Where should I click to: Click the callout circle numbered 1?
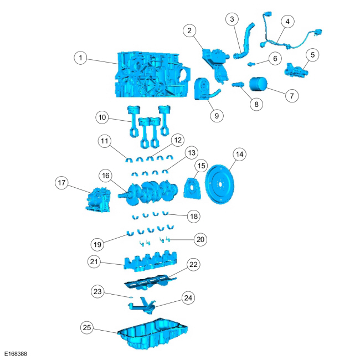click(x=80, y=58)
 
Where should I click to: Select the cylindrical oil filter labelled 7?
click(x=258, y=84)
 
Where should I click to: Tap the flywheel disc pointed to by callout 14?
click(x=219, y=184)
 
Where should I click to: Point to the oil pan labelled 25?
click(x=153, y=334)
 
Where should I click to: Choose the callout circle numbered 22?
click(x=193, y=265)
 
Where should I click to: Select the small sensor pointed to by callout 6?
click(x=251, y=64)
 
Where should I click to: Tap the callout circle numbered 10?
click(x=102, y=117)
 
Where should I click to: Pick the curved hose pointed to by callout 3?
click(x=244, y=42)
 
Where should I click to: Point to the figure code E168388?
click(x=16, y=353)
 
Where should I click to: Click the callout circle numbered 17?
click(x=61, y=183)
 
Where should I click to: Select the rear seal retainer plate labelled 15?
click(x=192, y=188)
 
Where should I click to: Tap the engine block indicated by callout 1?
click(x=153, y=75)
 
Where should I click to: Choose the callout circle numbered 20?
click(x=200, y=239)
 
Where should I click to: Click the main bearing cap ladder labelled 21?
click(x=151, y=262)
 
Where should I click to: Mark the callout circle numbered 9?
click(x=217, y=116)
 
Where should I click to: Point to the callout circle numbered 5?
click(x=312, y=55)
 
